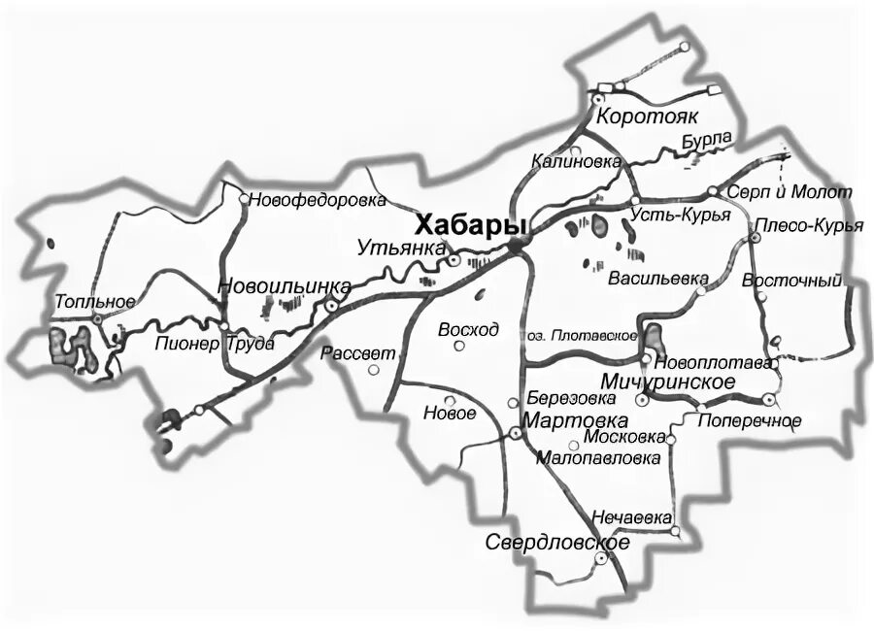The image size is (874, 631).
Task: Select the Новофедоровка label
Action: [318, 201]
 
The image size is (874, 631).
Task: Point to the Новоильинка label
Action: [284, 286]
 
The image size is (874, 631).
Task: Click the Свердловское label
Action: [557, 543]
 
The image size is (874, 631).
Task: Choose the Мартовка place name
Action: [575, 421]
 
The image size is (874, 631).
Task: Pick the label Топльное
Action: [94, 302]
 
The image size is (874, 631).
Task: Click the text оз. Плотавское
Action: [582, 336]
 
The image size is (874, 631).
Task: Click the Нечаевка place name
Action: [631, 518]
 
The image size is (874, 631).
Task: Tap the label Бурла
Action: [705, 142]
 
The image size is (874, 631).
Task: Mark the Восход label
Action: [468, 329]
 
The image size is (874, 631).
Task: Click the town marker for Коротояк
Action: [599, 99]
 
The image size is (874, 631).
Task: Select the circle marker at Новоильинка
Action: [332, 305]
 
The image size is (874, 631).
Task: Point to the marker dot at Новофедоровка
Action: [244, 198]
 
